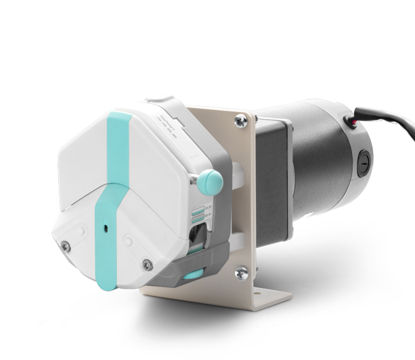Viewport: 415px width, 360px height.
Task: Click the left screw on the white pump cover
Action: [x=65, y=245]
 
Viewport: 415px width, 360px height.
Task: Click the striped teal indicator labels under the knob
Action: [x=197, y=213]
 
